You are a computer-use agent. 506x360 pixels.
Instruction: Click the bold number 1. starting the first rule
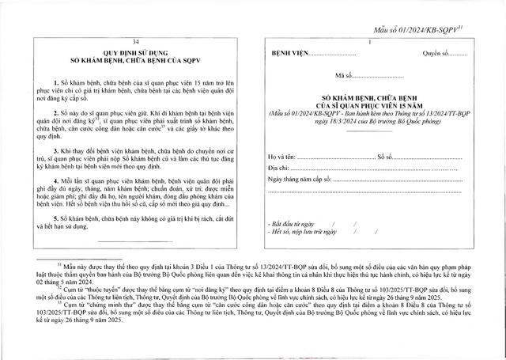56,83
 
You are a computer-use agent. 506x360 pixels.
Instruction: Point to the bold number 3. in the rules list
56,150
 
